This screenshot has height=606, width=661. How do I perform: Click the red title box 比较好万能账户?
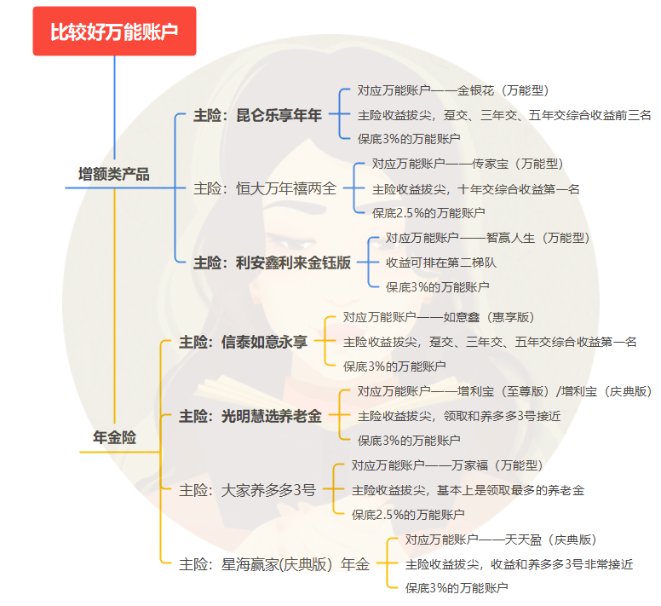(x=114, y=31)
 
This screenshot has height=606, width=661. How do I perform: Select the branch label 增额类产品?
(x=114, y=174)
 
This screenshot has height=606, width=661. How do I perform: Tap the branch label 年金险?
(x=114, y=437)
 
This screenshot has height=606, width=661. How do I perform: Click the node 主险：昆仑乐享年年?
(x=257, y=115)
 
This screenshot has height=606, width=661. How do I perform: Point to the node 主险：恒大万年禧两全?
(x=265, y=188)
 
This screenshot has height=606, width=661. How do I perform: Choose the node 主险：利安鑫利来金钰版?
(x=272, y=263)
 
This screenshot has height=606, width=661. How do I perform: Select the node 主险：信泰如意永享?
(x=243, y=342)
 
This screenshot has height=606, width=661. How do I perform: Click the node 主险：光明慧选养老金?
(x=250, y=416)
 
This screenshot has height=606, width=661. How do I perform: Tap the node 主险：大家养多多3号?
(x=247, y=490)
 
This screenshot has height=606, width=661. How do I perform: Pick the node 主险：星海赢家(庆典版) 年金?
(x=274, y=564)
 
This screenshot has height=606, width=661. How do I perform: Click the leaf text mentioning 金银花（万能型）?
(x=453, y=90)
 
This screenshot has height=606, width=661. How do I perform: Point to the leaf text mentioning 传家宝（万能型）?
(x=468, y=164)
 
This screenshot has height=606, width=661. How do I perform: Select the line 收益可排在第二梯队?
(x=441, y=263)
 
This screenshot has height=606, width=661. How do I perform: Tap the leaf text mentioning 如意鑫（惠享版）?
(x=439, y=317)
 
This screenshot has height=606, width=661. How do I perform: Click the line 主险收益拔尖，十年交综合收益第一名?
(x=475, y=189)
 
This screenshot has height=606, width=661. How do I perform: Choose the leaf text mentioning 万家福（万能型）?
(x=447, y=465)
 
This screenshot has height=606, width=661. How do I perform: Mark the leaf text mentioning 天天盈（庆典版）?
(x=501, y=540)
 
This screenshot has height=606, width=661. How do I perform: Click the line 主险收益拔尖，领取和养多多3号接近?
(x=459, y=416)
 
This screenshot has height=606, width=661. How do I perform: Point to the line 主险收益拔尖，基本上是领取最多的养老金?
(x=468, y=490)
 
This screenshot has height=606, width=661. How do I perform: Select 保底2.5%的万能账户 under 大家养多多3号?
(x=408, y=515)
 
